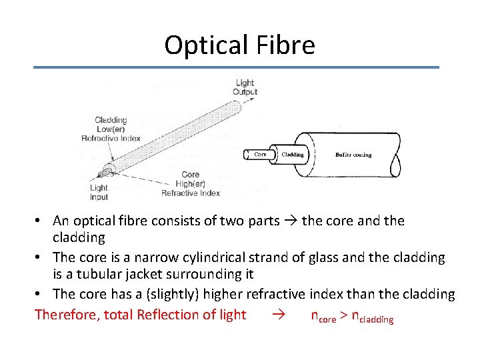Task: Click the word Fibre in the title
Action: (284, 45)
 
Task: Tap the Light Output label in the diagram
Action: (245, 87)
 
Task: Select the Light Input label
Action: (99, 193)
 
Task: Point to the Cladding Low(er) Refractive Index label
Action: (111, 129)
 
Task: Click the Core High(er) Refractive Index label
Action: (191, 184)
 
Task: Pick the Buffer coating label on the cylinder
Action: (353, 155)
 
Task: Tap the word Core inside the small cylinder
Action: (261, 154)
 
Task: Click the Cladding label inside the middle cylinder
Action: (293, 154)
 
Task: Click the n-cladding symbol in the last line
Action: (372, 317)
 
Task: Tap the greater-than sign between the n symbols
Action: (343, 315)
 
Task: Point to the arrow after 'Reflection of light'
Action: (280, 315)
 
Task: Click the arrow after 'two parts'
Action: (291, 221)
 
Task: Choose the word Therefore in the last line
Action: (66, 315)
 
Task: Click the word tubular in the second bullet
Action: (100, 274)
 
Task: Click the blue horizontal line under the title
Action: (237, 67)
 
